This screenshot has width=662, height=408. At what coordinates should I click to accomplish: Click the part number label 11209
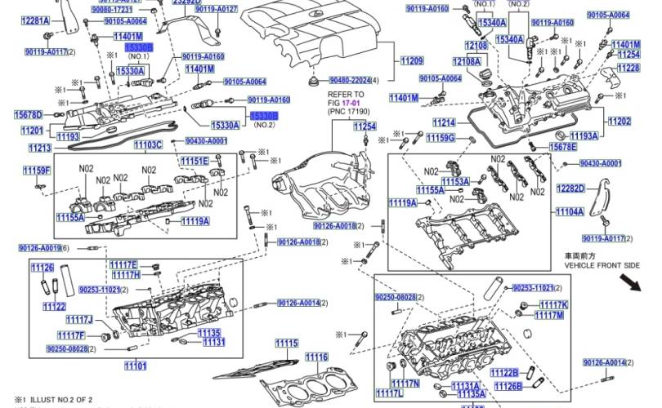coord(412,62)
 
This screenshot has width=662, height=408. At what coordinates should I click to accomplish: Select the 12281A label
coord(35,20)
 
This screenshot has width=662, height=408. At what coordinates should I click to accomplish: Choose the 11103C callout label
coord(148,145)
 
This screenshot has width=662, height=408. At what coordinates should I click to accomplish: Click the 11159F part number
coord(37,171)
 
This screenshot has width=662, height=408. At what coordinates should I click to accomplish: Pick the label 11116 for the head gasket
coord(317,357)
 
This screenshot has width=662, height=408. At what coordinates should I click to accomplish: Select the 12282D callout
coord(570,188)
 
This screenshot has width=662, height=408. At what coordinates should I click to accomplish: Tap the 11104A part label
coord(570,212)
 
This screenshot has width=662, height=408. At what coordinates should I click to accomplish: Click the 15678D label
coord(28,114)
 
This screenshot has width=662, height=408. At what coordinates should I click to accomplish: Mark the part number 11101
coord(135,365)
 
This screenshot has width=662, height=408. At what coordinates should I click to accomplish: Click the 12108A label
coord(467,62)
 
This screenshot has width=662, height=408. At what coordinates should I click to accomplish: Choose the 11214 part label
coord(444,123)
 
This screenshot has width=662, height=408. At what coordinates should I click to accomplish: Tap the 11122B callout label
coord(505,373)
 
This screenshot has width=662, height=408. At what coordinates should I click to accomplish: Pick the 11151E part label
coord(195,162)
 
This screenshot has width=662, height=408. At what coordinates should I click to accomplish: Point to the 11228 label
coord(628,69)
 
